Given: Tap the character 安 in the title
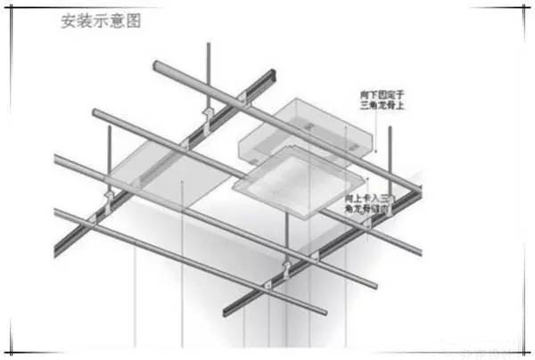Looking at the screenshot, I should tap(68, 20).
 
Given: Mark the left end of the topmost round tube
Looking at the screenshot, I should tap(158, 66).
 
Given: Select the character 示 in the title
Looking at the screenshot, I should tap(100, 20).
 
